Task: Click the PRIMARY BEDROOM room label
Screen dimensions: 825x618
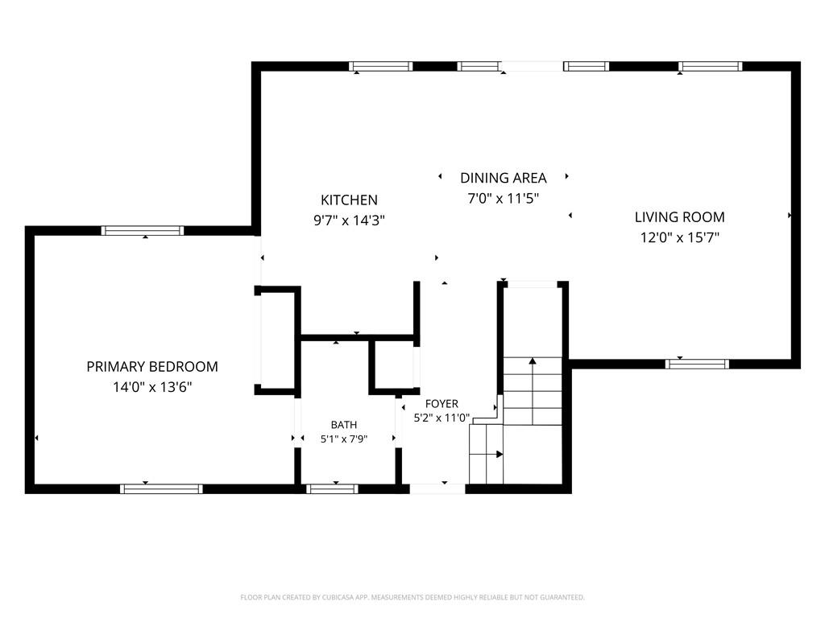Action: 152,366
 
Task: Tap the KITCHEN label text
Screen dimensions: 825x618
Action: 350,200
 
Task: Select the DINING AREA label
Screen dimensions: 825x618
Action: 504,178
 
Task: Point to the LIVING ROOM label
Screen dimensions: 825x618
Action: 680,217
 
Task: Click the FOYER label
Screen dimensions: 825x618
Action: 442,404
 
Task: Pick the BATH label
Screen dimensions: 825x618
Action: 344,425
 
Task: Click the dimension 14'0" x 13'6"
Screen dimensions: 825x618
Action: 152,387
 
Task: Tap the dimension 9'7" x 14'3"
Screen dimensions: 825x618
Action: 350,220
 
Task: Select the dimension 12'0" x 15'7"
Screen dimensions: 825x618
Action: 680,237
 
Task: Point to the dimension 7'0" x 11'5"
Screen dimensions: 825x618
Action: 504,198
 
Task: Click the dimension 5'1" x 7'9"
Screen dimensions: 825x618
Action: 344,439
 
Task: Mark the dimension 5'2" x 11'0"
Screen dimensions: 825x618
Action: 442,418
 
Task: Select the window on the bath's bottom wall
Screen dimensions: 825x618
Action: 333,488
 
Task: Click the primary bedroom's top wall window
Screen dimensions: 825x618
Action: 143,230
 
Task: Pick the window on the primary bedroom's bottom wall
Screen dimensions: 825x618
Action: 161,488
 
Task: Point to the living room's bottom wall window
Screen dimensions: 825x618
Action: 697,364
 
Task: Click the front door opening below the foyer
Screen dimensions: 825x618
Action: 437,488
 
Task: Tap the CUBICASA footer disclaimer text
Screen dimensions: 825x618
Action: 412,598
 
